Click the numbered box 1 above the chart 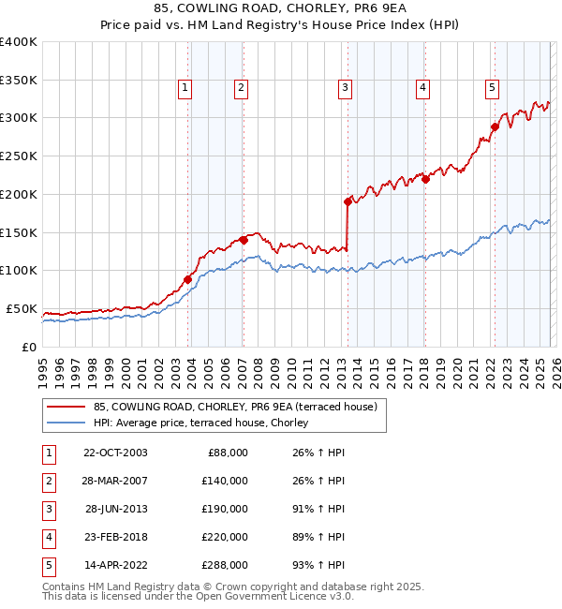tap(185, 88)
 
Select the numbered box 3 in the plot tap(345, 88)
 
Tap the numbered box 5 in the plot tap(492, 88)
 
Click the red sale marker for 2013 tap(348, 201)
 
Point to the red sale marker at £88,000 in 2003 tap(187, 279)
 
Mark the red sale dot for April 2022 tap(494, 126)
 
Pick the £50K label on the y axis tap(22, 309)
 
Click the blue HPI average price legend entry tap(206, 423)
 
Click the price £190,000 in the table tap(225, 509)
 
